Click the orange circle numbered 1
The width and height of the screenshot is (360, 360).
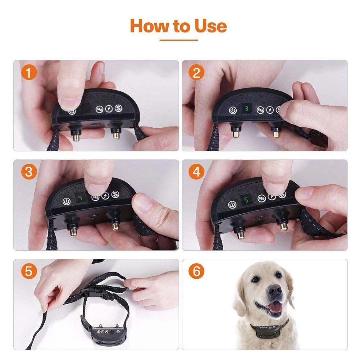coord(29,73)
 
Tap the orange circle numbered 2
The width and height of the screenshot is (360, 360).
coord(196,73)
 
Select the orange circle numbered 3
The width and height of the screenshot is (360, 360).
coord(29,172)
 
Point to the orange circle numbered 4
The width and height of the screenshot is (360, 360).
coord(196,172)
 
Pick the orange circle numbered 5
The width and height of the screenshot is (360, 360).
coord(29,272)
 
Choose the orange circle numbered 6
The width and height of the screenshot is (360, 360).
coord(196,272)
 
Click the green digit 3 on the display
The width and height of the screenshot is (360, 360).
coord(247,108)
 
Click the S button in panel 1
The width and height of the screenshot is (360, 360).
coord(118,108)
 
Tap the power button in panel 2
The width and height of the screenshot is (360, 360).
coord(233,110)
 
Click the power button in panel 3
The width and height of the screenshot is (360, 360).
coord(66,202)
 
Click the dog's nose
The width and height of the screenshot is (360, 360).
coord(275,290)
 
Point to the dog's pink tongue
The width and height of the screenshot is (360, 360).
coord(275,306)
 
